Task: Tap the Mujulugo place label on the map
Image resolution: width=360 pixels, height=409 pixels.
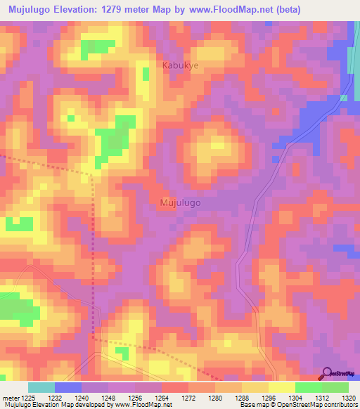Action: click(x=181, y=202)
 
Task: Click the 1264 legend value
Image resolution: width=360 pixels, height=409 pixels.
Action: click(x=161, y=397)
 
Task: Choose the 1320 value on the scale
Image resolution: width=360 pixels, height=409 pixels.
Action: click(x=348, y=397)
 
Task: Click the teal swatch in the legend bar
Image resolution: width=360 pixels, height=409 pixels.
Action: click(x=41, y=387)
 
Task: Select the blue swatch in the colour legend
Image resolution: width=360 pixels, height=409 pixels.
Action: click(x=68, y=387)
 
